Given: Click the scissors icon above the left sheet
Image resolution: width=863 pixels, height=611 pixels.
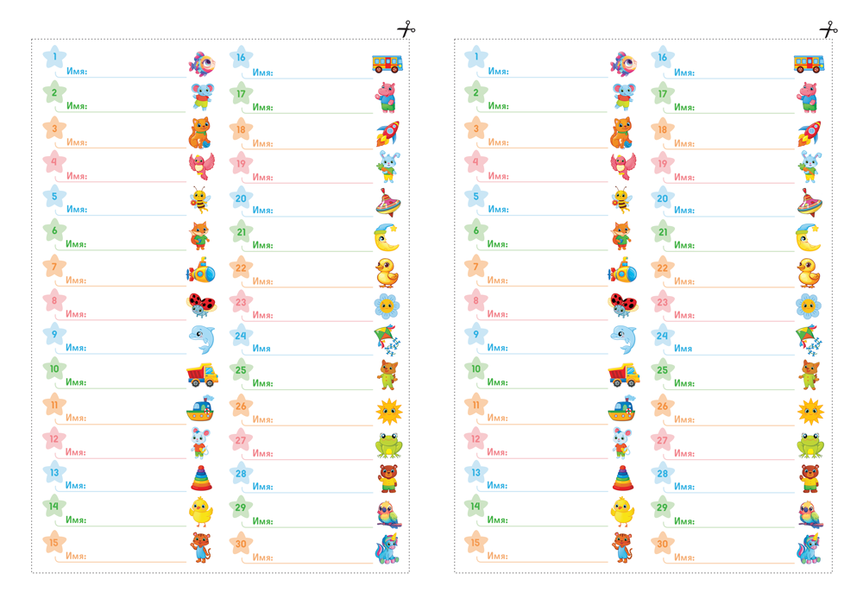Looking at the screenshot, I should click(406, 29).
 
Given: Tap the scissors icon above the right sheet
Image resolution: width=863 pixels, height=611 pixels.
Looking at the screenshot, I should click(828, 29).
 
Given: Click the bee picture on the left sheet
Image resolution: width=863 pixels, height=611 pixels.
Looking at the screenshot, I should click(200, 200).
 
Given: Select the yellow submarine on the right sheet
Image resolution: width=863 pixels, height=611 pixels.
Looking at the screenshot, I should click(623, 273).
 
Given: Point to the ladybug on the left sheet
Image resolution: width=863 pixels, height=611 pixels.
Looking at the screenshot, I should click(201, 305).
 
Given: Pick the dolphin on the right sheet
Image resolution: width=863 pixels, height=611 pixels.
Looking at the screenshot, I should click(623, 338).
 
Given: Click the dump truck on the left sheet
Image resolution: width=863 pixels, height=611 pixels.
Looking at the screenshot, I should click(202, 375).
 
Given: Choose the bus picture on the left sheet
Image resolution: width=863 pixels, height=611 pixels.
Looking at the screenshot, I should click(386, 63).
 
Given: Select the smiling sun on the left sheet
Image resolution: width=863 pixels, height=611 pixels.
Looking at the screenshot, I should click(388, 411).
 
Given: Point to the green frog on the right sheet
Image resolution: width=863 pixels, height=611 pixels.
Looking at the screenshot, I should click(810, 444).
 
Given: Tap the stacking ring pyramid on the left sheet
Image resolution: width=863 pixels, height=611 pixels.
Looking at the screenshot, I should click(201, 477).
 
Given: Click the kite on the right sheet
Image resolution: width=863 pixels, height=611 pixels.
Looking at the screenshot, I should click(810, 340).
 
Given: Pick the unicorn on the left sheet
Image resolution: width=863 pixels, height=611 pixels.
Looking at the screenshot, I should click(387, 549).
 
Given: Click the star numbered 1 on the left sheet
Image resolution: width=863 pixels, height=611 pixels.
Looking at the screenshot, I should click(54, 57).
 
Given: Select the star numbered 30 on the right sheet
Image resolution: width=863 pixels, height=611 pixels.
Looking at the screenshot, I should click(663, 544).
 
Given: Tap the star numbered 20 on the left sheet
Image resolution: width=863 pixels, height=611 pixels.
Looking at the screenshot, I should click(241, 198).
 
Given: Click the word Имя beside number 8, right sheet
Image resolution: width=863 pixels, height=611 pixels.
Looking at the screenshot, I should click(497, 314).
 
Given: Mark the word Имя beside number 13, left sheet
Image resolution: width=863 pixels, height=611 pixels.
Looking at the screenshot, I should click(76, 485).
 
